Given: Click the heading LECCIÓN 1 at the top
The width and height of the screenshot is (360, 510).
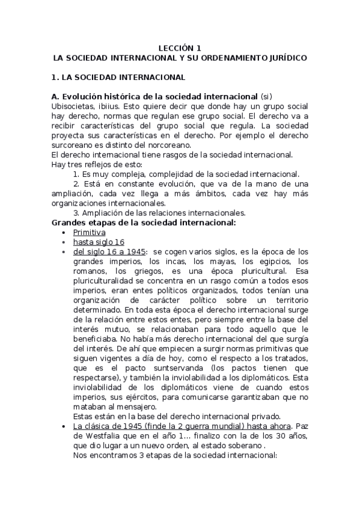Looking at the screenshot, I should tap(180, 48).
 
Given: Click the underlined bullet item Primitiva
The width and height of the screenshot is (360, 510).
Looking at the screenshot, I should tap(89, 232).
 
